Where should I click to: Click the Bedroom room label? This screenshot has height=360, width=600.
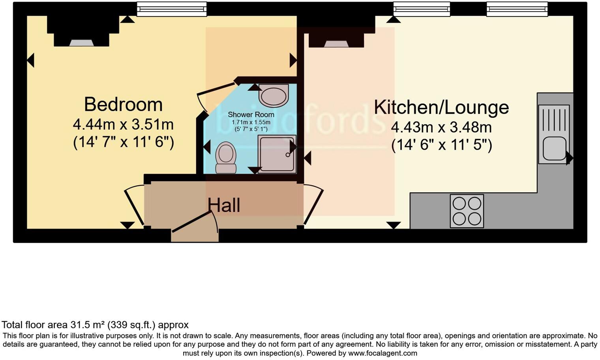(x=123, y=105)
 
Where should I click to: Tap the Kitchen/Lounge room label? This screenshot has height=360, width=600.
(x=441, y=107)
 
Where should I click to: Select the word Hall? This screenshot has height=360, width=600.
(x=224, y=205)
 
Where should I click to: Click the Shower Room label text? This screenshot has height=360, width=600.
(x=251, y=115)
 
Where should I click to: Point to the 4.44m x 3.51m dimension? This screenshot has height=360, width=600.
(x=123, y=125)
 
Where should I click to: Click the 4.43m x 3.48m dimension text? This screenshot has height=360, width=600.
(x=441, y=127)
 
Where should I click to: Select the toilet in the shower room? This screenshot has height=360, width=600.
(x=226, y=157)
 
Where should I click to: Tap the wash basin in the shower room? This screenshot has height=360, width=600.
(x=273, y=96)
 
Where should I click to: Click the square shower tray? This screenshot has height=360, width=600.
(x=277, y=154)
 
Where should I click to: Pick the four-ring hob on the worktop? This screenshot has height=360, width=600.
(x=467, y=211)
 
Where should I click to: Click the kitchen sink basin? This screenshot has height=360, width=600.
(x=554, y=148)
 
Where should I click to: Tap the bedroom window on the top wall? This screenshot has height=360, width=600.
(x=172, y=9)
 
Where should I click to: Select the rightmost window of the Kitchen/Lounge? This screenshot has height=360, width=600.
(x=517, y=9)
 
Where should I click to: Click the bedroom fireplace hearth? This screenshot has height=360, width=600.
(x=82, y=43)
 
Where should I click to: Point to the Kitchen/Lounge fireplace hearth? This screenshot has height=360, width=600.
(x=336, y=44)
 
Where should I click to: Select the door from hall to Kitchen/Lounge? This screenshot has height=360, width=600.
(x=313, y=206)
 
